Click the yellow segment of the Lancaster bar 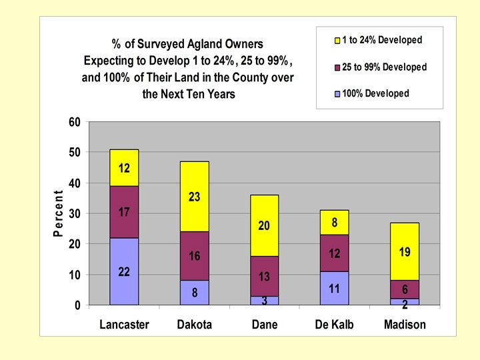pos(124,167)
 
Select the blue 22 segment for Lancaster pos(124,271)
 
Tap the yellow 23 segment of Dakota pos(194,197)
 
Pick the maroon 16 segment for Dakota pos(194,256)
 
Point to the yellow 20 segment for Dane pos(264,225)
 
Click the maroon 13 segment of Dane pos(264,276)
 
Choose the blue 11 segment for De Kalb pos(334,288)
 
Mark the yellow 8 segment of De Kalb pos(334,222)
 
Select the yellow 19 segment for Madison pos(405,253)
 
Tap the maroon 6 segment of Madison pos(405,289)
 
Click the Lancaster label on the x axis pos(124,325)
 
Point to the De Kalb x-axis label pos(334,325)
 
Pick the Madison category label pos(405,325)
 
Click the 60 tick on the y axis pos(73,122)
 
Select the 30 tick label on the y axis pos(73,213)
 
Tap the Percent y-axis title pos(58,213)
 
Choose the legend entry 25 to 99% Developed pos(384,67)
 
